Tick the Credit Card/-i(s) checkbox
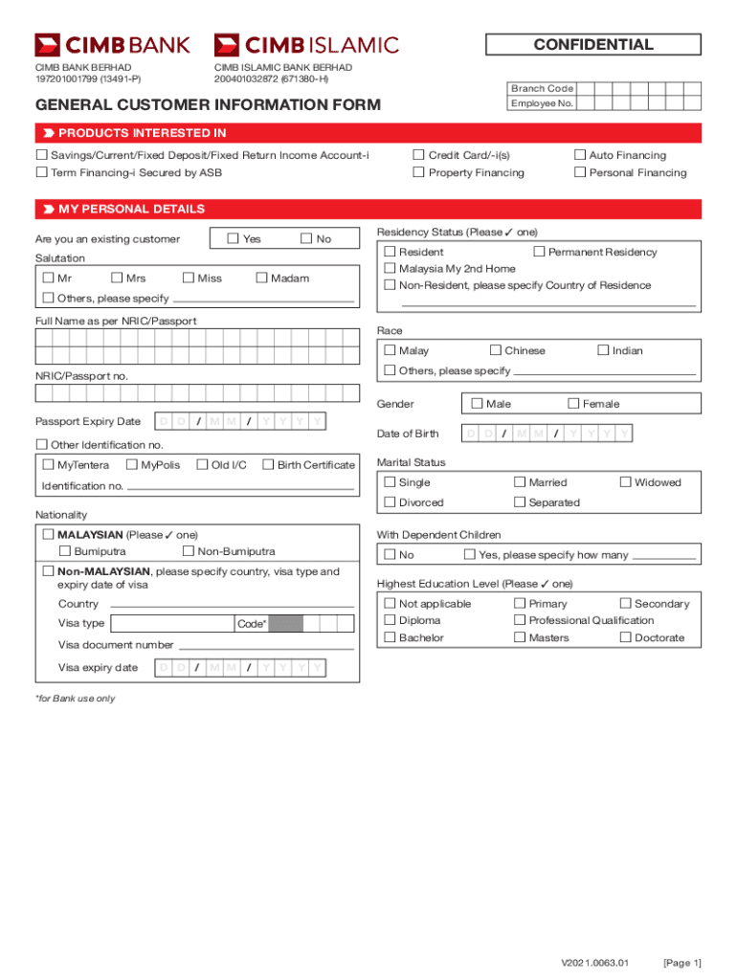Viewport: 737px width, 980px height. pos(418,155)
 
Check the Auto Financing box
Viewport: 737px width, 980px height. pos(579,155)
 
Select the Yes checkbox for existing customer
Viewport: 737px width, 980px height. pos(233,238)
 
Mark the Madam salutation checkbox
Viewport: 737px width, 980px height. pos(261,278)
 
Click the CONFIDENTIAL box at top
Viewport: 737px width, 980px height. pos(593,45)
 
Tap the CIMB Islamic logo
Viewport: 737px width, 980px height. pos(306,45)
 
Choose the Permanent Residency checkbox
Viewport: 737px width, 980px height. pos(538,252)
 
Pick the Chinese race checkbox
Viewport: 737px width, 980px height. pos(495,350)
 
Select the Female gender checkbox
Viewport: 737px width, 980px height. pos(573,404)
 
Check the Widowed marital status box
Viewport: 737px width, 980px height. pos(626,482)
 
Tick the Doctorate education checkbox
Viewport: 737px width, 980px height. pos(626,637)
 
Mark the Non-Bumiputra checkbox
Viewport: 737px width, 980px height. pos(188,551)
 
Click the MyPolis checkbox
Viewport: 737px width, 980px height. pos(131,465)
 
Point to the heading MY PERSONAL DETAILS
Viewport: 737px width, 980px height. pos(131,209)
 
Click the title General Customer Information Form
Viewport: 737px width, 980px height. pos(208,104)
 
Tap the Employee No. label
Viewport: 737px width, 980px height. pos(542,103)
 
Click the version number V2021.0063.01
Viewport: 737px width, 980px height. pos(594,962)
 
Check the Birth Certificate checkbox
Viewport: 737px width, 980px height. pos(267,465)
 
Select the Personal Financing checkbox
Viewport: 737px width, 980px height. pos(579,172)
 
